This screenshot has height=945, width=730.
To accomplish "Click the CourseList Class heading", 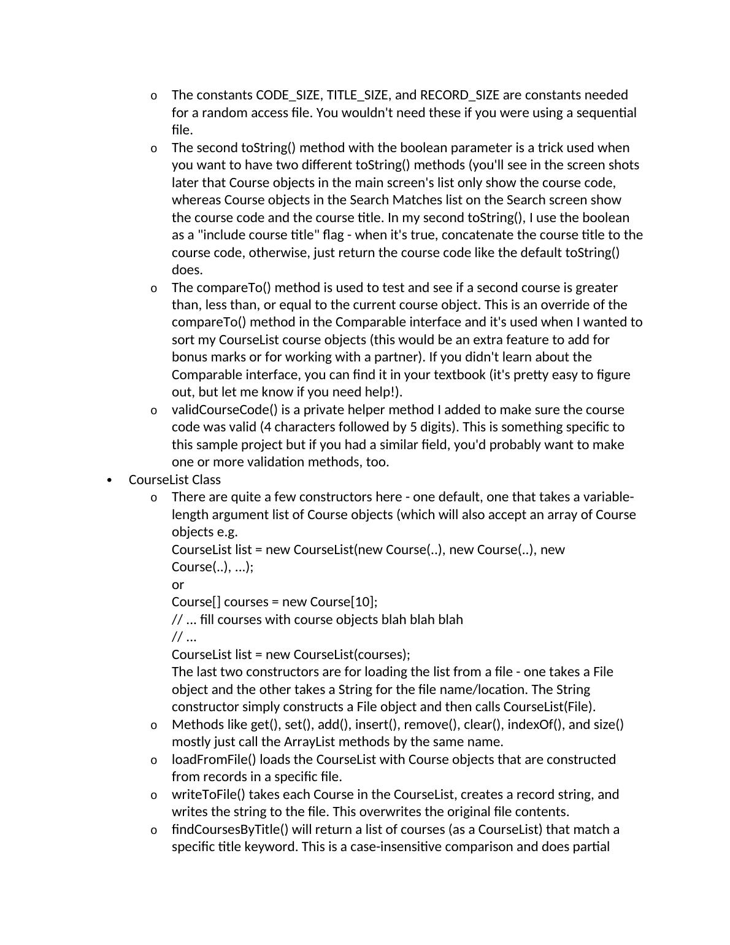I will [x=175, y=480].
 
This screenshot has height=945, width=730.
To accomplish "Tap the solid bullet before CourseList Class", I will [x=110, y=480].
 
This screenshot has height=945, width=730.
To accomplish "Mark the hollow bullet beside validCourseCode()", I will [x=153, y=411].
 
